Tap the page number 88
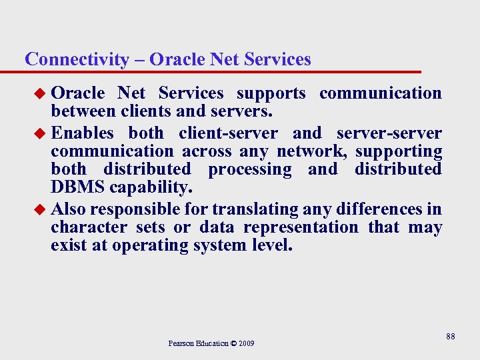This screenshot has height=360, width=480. tap(451, 337)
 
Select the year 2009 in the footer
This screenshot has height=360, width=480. tap(245, 343)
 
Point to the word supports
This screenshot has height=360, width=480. tap(271, 93)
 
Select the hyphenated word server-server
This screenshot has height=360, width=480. tap(389, 133)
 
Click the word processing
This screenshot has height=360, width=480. tap(250, 169)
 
